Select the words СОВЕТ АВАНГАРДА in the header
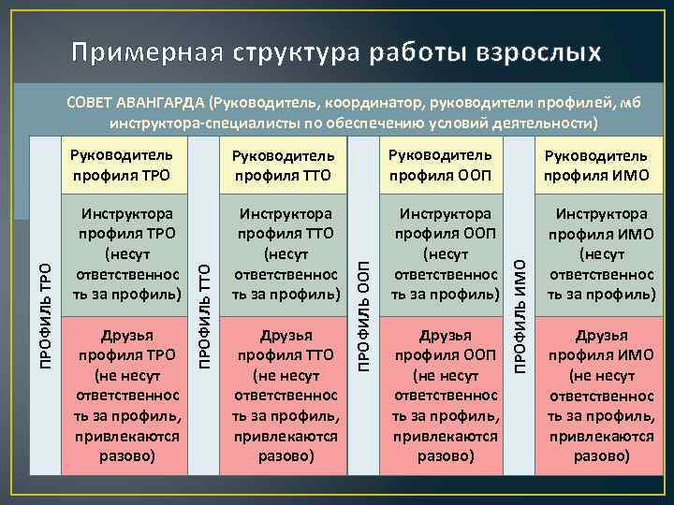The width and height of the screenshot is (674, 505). (137, 102)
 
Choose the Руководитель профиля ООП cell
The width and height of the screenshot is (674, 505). (442, 163)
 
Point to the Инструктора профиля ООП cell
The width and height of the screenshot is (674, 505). (442, 253)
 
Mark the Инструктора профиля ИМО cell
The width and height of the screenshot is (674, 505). (600, 253)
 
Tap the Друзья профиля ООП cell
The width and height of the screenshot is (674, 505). (442, 393)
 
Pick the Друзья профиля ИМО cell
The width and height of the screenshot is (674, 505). (600, 393)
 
